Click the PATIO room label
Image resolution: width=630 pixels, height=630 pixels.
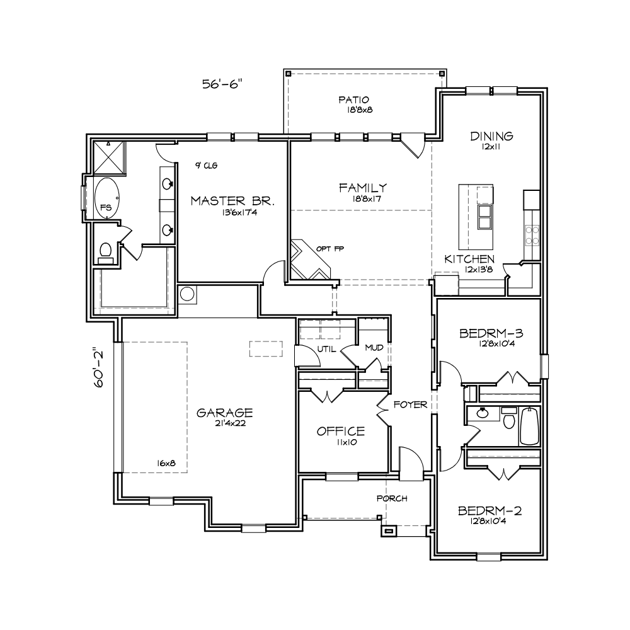(x=353, y=100)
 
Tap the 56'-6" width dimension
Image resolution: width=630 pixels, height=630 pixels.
(x=222, y=84)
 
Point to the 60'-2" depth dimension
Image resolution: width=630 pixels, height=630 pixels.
(x=98, y=367)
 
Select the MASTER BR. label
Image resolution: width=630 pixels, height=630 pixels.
(x=232, y=201)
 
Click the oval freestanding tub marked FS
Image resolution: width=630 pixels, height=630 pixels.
(x=106, y=198)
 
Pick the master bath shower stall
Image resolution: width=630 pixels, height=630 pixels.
(x=109, y=157)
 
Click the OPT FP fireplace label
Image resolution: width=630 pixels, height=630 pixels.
(x=330, y=249)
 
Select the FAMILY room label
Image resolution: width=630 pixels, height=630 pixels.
(x=363, y=188)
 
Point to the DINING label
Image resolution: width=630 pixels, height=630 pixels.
(x=491, y=136)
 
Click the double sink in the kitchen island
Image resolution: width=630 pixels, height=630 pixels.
(x=484, y=216)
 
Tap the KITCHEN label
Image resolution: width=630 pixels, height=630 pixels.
(x=469, y=259)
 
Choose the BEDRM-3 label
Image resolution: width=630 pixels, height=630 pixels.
(x=491, y=333)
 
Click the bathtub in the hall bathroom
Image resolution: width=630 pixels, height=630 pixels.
(x=530, y=426)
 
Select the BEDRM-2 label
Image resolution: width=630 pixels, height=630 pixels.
(x=490, y=511)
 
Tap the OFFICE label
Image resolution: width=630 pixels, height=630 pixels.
(x=341, y=431)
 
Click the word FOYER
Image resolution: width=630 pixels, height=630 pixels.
(x=410, y=404)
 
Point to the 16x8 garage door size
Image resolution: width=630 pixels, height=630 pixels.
(x=166, y=463)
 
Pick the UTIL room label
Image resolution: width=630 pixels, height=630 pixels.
(x=326, y=349)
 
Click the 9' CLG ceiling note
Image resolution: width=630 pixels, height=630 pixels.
(x=207, y=165)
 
